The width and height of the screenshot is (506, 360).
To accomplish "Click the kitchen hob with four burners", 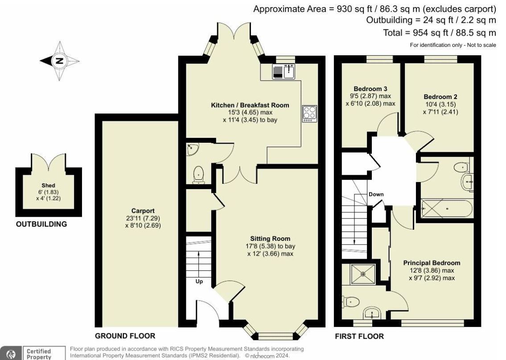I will (x=309, y=113).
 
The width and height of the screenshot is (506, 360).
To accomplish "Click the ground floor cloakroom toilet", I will (x=197, y=174).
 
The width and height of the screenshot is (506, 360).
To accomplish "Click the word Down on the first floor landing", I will (x=376, y=194).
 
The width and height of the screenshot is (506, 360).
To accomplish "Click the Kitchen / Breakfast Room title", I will (x=250, y=105).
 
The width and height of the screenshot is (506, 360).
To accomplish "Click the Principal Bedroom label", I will (x=432, y=263).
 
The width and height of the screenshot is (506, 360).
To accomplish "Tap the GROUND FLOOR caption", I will (x=125, y=336).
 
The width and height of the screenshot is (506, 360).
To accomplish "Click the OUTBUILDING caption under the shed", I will (x=41, y=224).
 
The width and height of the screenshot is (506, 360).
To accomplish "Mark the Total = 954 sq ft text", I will (x=439, y=33).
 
